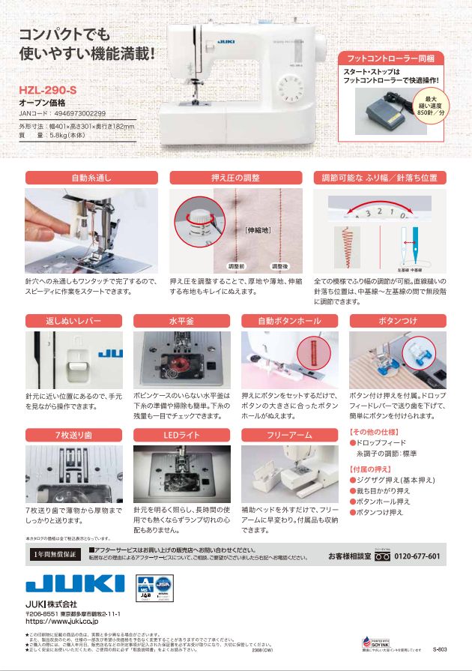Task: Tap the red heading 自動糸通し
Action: tap(91, 178)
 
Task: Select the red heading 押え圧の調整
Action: tap(235, 178)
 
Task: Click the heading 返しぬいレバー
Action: tap(75, 320)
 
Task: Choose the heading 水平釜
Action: tap(182, 320)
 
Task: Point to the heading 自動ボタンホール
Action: tap(291, 320)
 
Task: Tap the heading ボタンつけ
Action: tap(398, 320)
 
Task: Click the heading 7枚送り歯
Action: tap(75, 435)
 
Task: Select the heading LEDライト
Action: tap(182, 435)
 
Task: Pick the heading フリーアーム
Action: tap(291, 435)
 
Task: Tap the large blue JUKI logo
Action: tap(75, 585)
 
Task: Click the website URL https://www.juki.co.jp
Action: tap(68, 621)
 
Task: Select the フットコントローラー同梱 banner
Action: tap(390, 58)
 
